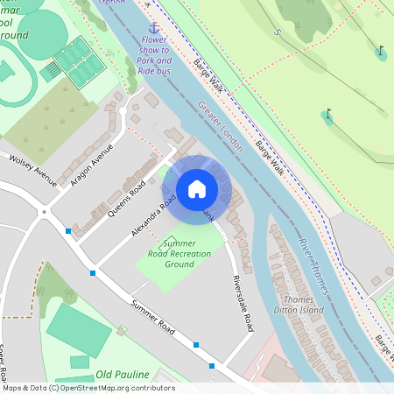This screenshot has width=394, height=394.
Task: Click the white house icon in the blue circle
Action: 197,188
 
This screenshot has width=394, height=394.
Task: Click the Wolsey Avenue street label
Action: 32,170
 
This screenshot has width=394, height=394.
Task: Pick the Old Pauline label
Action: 123,374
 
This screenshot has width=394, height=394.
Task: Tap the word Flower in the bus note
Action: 155,39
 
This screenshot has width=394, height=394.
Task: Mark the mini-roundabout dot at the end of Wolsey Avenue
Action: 43,211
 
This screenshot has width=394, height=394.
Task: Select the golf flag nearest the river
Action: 328,116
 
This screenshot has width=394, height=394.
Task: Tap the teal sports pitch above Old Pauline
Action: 79,329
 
